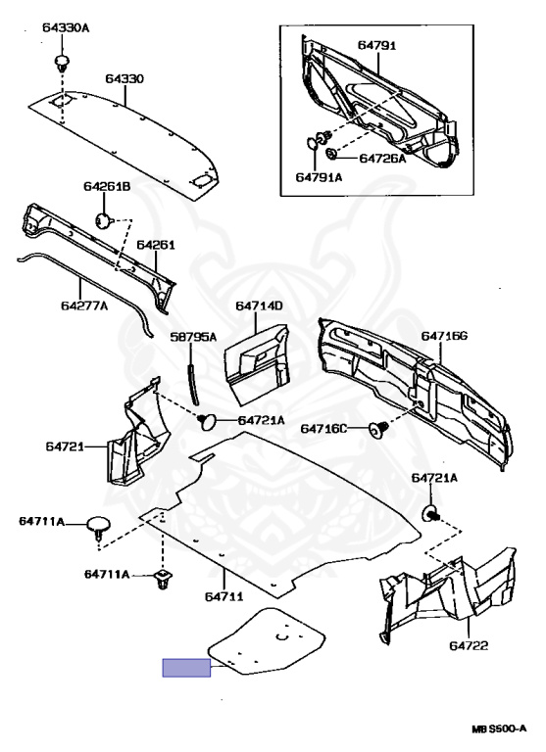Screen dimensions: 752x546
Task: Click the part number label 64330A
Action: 65,27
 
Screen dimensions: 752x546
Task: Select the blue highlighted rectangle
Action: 186,669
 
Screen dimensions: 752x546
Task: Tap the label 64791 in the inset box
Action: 376,45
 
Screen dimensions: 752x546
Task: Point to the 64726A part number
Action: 381,158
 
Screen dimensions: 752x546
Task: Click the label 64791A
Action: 319,177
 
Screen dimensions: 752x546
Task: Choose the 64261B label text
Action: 106,186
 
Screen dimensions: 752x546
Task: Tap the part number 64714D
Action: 259,306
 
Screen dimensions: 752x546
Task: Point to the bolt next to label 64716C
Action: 376,429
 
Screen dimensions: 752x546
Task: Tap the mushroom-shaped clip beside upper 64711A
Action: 98,525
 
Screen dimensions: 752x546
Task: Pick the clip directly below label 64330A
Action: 63,64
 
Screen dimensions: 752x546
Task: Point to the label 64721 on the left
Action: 62,446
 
